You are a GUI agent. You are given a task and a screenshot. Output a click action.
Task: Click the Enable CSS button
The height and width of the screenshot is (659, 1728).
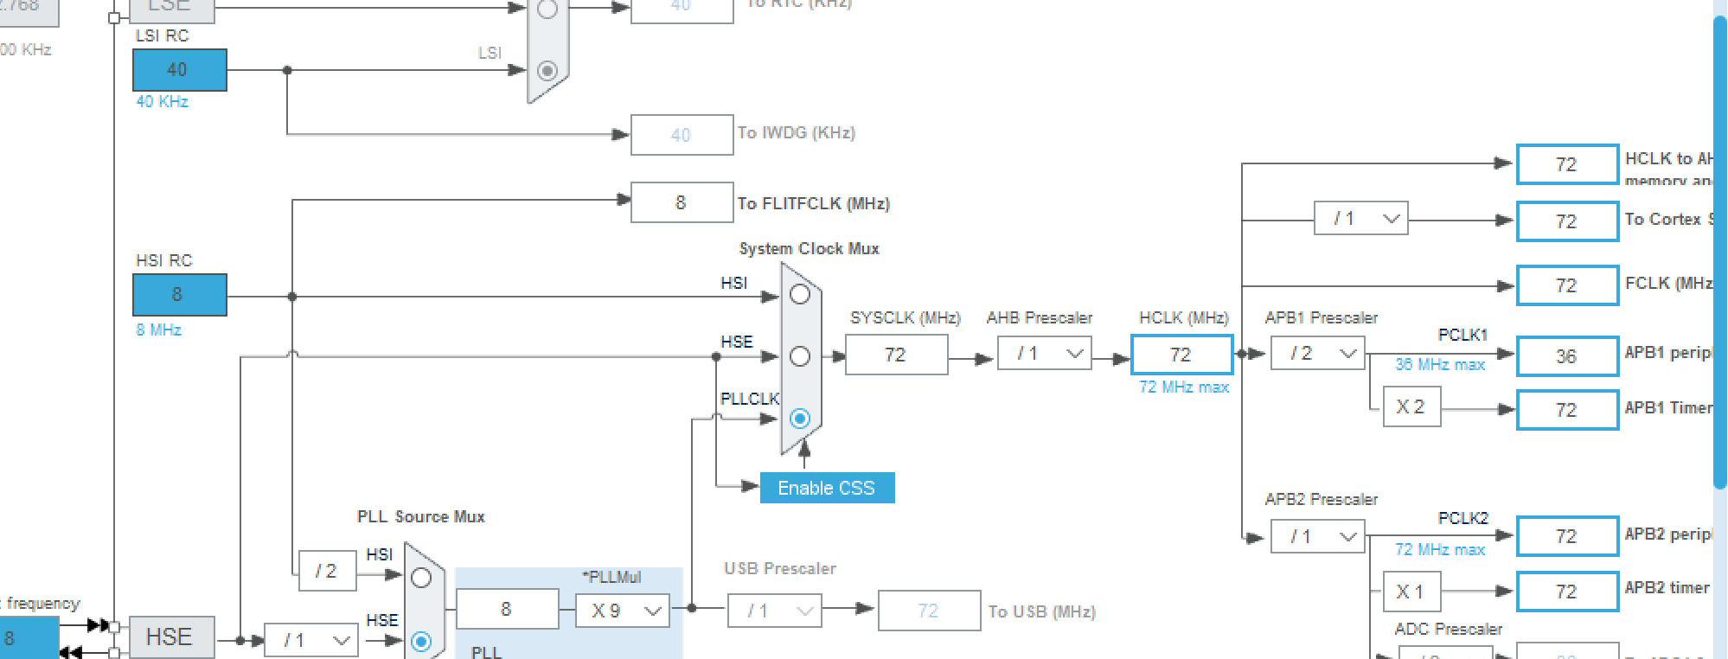[827, 488]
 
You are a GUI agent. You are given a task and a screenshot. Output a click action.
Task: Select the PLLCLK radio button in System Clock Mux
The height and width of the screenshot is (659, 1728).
[800, 419]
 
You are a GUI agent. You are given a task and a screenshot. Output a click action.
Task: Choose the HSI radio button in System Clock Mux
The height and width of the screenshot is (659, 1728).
[800, 294]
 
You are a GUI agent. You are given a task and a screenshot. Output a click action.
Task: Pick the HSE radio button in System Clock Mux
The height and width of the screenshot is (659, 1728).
[800, 356]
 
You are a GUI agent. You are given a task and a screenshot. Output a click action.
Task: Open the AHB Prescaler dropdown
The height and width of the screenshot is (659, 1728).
[1045, 354]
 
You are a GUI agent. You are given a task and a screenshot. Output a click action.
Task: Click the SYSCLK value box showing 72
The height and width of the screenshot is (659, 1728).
[896, 355]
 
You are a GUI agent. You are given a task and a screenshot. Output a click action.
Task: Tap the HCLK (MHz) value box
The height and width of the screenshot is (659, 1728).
[1181, 355]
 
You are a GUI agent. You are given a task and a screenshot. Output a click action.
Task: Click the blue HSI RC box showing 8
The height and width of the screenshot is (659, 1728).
[179, 295]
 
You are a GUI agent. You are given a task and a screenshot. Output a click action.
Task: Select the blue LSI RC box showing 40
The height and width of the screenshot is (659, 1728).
[179, 70]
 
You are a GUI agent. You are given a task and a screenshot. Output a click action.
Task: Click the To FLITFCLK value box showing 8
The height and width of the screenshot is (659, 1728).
[682, 202]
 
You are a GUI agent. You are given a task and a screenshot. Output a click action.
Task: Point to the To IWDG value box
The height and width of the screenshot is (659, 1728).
[682, 135]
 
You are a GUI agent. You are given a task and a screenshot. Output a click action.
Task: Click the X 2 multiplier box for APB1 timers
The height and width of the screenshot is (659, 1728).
[1411, 407]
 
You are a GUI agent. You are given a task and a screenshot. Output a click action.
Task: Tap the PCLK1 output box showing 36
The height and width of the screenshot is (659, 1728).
[1566, 356]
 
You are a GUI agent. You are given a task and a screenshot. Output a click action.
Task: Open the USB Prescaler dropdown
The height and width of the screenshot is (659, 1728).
[775, 611]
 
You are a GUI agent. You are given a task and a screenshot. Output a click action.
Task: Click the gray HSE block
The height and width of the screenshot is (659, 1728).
[170, 637]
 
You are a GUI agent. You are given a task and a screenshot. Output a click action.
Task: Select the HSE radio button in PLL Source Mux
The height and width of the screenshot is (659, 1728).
[421, 642]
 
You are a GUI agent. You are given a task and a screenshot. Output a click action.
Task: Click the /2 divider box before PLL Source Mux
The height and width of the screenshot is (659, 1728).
[327, 571]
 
